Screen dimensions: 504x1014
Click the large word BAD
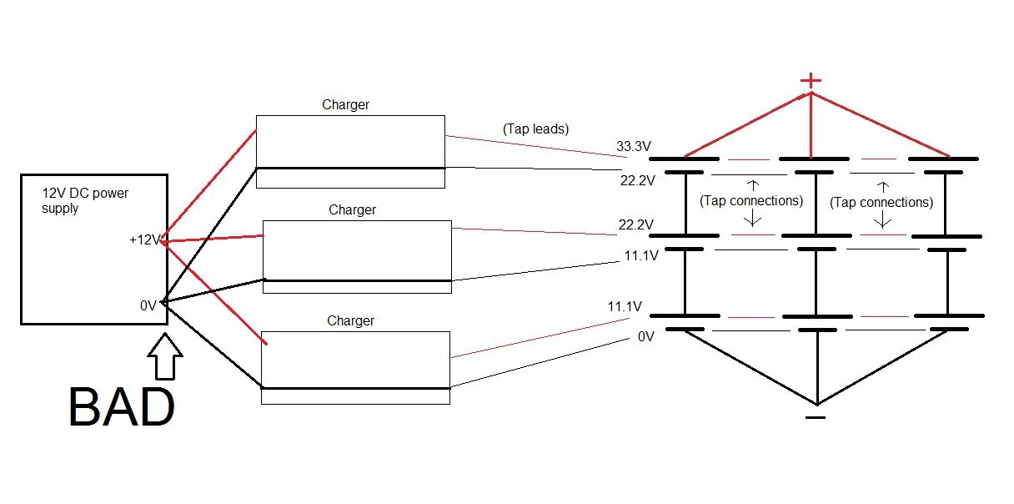[x=122, y=408]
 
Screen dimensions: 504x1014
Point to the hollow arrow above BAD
[x=166, y=357]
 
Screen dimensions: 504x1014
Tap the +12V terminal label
[x=143, y=240]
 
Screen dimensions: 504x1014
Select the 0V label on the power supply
[x=148, y=305]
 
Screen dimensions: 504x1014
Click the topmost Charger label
[x=345, y=105]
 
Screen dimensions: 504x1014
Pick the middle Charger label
[x=352, y=209]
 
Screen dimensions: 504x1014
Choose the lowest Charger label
[x=350, y=320]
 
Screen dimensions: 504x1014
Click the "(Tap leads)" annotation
[x=535, y=129]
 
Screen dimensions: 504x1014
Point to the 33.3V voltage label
[x=634, y=147]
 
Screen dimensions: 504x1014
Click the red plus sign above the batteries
[x=811, y=81]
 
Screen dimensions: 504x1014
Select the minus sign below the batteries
[x=816, y=416]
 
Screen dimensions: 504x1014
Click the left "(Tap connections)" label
[x=751, y=201]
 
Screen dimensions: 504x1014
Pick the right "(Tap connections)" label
[x=881, y=202]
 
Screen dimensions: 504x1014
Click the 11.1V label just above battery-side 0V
[x=625, y=307]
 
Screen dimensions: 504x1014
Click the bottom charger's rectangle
[x=355, y=367]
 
